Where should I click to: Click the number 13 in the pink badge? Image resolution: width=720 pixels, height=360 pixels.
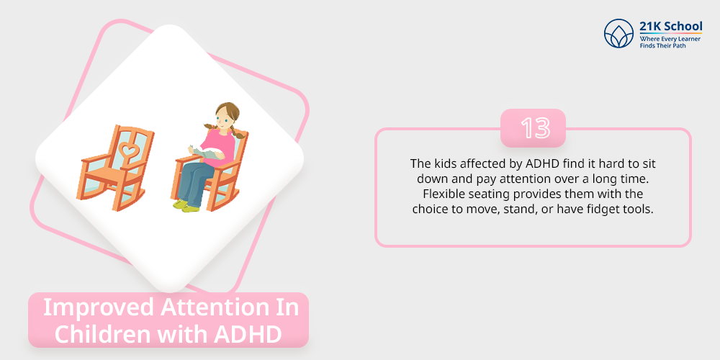coord(535,127)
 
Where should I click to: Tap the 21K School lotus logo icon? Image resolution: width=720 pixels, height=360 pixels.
coord(619,34)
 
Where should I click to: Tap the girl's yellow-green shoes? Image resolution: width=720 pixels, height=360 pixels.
coord(186,206)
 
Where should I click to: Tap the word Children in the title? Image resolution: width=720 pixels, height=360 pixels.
coord(104,335)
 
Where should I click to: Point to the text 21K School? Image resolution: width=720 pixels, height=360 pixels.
coord(671,26)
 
